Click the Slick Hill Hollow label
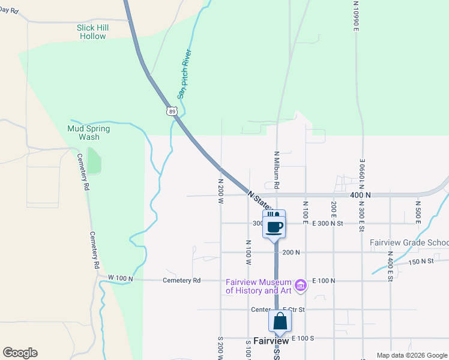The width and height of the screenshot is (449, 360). pos(92,32)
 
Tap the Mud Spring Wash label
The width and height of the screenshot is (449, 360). pos(89,133)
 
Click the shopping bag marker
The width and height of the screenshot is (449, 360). pos(280,322)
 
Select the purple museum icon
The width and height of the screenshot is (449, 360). pos(301,283)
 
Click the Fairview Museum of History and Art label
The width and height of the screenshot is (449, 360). pos(258,287)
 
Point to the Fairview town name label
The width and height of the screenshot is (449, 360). pos(271,341)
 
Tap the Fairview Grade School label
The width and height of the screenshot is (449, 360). pos(409,243)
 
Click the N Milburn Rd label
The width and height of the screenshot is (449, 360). pos(277,169)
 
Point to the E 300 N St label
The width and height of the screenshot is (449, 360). pos(327,223)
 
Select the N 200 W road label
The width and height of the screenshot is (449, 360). pos(220,190)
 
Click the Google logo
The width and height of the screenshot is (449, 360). pos(20,353)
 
